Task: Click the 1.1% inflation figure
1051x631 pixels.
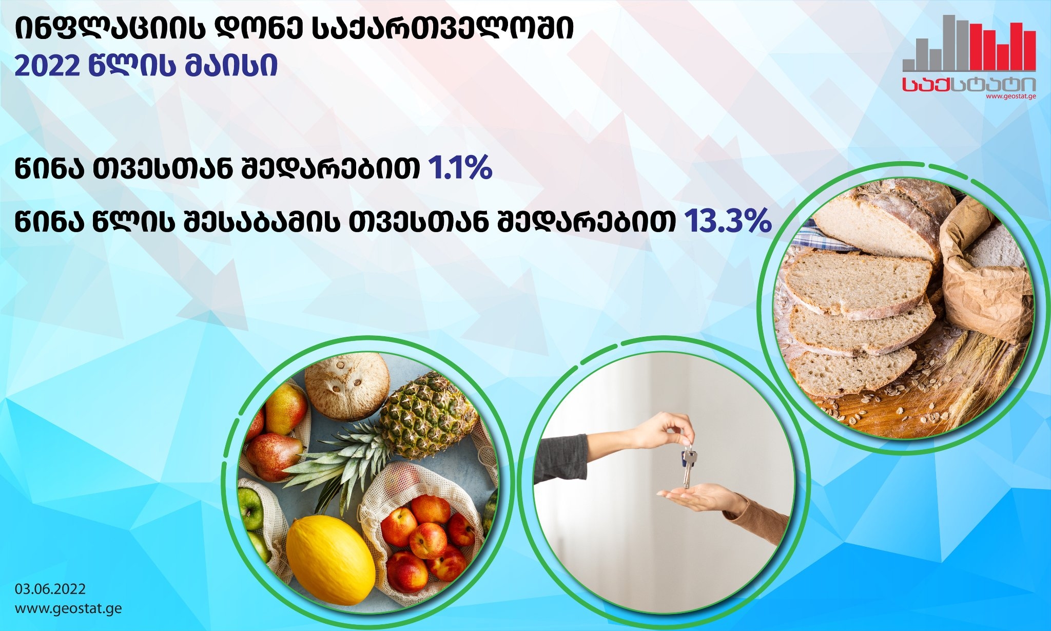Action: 460,168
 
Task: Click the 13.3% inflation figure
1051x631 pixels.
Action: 728,221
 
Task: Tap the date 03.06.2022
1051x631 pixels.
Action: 50,589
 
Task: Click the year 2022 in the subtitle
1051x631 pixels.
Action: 47,66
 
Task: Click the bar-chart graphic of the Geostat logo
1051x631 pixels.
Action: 969,43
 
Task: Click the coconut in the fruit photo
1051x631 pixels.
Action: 347,386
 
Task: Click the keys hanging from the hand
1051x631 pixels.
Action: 688,466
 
